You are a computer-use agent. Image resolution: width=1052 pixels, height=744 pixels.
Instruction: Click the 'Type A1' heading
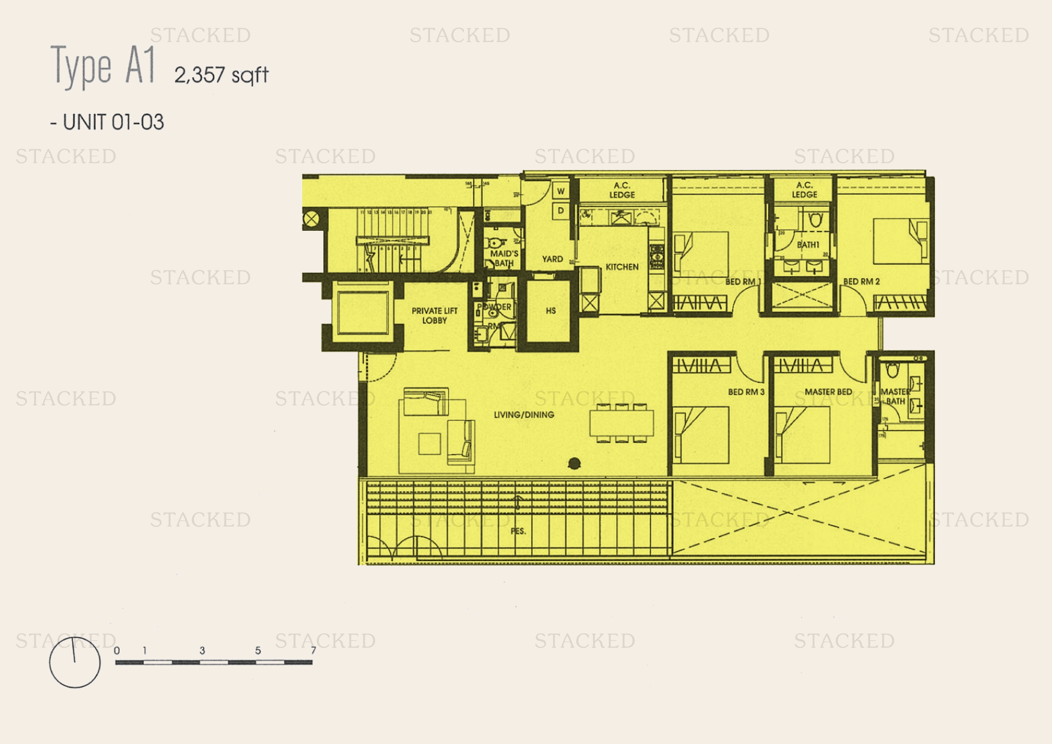click(x=103, y=67)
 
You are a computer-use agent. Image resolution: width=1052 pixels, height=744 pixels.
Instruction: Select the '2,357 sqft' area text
click(x=221, y=75)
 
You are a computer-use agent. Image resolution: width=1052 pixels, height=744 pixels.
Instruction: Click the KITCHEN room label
click(x=622, y=267)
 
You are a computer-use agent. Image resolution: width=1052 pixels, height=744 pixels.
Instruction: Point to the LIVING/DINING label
click(x=524, y=415)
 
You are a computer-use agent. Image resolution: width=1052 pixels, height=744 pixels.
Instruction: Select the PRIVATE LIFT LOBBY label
click(x=434, y=315)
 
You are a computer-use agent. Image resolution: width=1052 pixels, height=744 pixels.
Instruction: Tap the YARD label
click(x=552, y=259)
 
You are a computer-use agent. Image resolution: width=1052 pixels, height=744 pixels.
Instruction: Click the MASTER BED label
click(x=828, y=392)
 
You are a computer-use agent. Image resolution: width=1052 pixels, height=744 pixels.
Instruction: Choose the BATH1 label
click(x=808, y=245)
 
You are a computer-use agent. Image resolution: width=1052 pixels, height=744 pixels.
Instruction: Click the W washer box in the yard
click(x=561, y=191)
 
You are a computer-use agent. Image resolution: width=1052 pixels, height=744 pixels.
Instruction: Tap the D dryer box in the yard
click(x=561, y=211)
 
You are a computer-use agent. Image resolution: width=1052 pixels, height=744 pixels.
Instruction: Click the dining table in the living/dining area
click(x=621, y=422)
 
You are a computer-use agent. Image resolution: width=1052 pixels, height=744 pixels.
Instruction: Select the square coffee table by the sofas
click(x=430, y=444)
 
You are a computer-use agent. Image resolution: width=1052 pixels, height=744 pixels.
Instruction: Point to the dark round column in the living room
click(x=574, y=463)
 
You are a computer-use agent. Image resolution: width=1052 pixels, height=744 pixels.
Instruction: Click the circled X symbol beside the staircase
click(x=312, y=219)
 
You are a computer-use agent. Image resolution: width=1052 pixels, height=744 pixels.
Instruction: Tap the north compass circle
click(x=75, y=662)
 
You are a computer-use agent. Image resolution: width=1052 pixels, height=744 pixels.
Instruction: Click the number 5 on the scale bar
click(x=258, y=650)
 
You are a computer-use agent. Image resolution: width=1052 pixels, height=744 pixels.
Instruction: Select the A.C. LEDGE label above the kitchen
click(x=622, y=190)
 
